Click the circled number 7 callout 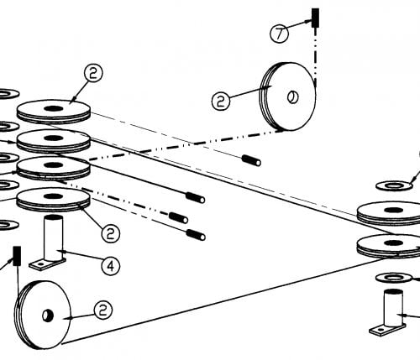pyautogui.click(x=279, y=34)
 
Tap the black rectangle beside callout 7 pyautogui.click(x=315, y=18)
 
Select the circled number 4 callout pyautogui.click(x=111, y=266)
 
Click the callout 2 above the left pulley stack pyautogui.click(x=93, y=73)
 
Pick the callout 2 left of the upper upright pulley pyautogui.click(x=221, y=101)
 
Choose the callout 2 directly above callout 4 pyautogui.click(x=111, y=233)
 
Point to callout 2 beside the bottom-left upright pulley pyautogui.click(x=103, y=310)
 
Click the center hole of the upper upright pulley pyautogui.click(x=293, y=97)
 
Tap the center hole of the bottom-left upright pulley pyautogui.click(x=47, y=316)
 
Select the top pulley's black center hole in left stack pyautogui.click(x=53, y=108)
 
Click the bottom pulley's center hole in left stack pyautogui.click(x=53, y=196)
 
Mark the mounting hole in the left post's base pyautogui.click(x=40, y=263)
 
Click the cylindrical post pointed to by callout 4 pyautogui.click(x=54, y=237)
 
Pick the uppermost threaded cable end pyautogui.click(x=252, y=160)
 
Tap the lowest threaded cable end pyautogui.click(x=196, y=235)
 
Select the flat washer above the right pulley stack pyautogui.click(x=394, y=185)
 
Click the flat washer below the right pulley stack pyautogui.click(x=394, y=278)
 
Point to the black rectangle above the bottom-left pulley pyautogui.click(x=17, y=256)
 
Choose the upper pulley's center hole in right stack pyautogui.click(x=394, y=210)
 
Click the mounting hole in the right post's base pyautogui.click(x=381, y=330)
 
